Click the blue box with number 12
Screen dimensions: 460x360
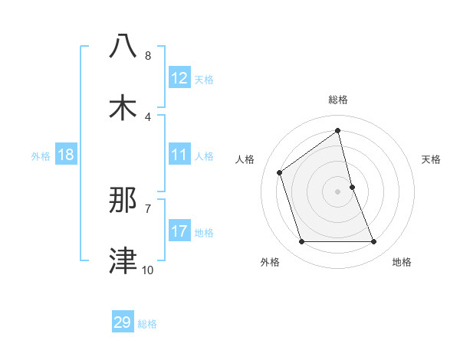tap(179, 78)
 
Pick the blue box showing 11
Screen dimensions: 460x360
tap(179, 155)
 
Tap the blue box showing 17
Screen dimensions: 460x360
tap(179, 231)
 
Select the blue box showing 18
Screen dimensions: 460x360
tap(66, 155)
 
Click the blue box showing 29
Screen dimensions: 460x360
tap(123, 322)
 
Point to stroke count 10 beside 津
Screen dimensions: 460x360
tap(147, 270)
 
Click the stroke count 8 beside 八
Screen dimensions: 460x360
tap(148, 56)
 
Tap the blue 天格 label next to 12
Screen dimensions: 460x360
tap(203, 79)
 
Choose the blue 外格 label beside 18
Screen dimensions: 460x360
tap(41, 155)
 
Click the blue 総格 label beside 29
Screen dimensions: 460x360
tap(147, 324)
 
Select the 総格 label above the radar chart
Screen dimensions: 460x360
tap(337, 100)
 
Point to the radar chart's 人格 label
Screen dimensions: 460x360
tap(245, 159)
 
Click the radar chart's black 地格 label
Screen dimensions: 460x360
tap(402, 262)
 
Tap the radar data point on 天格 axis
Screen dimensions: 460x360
tap(352, 187)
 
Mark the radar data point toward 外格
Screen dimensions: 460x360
tap(301, 242)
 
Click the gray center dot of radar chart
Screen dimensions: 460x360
tap(337, 191)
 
